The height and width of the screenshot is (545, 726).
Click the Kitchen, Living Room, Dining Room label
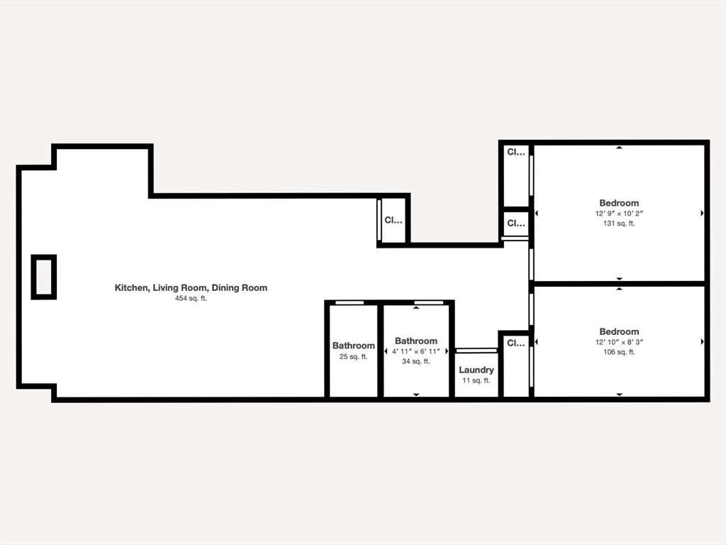tap(191, 288)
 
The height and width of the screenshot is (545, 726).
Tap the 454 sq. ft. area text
tap(191, 299)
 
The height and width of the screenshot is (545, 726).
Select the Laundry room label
tap(476, 370)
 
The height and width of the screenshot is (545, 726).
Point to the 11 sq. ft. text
tap(476, 381)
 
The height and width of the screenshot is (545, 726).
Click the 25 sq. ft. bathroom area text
tap(354, 357)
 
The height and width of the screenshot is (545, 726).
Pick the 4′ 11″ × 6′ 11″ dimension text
tap(416, 351)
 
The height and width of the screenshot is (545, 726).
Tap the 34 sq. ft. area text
tap(416, 362)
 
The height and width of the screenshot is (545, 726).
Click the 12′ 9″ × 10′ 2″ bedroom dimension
tap(619, 213)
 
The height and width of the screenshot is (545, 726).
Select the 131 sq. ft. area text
tap(619, 224)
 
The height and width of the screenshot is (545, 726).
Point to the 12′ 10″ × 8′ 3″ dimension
tap(619, 342)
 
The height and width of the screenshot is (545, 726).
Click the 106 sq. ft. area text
tap(619, 352)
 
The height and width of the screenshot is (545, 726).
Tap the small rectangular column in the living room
tap(43, 277)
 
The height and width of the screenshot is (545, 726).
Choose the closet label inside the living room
tap(393, 221)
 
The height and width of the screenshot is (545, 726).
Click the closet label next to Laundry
tap(515, 343)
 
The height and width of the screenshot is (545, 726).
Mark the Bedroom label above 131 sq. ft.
tap(619, 203)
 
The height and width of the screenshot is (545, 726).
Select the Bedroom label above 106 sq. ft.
tap(619, 331)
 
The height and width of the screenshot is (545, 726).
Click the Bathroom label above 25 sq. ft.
tap(354, 346)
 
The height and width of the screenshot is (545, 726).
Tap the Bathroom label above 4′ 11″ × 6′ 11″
tap(416, 341)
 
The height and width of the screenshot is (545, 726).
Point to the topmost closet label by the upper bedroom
tap(515, 152)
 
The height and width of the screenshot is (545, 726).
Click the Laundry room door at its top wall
tap(476, 350)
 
